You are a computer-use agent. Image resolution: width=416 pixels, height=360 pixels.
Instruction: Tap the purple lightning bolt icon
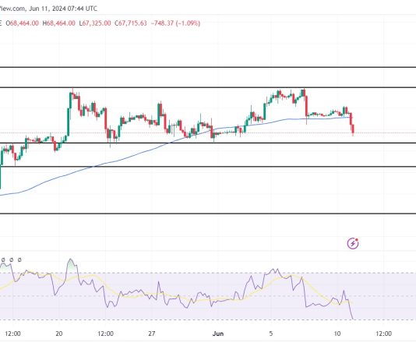pos(353,243)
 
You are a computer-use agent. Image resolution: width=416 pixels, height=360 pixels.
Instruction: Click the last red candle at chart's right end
pos(353,127)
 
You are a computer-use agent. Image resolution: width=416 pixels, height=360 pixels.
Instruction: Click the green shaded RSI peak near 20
pos(72,264)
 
